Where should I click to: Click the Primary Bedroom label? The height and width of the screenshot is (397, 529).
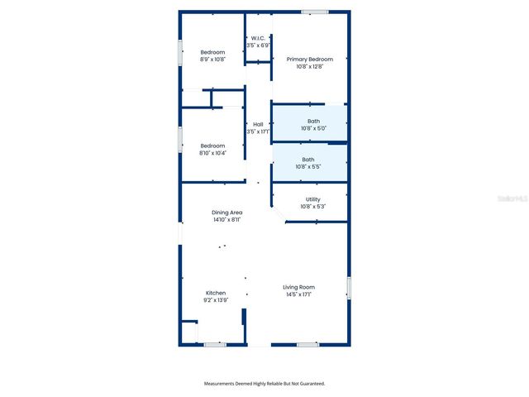pos(310,60)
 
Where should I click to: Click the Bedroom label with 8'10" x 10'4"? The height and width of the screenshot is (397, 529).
pos(212,146)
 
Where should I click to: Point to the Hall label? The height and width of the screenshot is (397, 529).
pos(258,124)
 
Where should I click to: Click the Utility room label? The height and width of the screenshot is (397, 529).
pos(312,198)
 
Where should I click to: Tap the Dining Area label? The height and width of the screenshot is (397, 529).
pos(226,213)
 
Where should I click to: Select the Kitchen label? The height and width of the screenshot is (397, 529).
pos(216,293)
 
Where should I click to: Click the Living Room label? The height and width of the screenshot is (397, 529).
pos(298,287)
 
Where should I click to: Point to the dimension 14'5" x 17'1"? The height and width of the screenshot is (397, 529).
pos(298,294)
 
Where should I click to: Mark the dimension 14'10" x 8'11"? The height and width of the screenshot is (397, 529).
pos(226,220)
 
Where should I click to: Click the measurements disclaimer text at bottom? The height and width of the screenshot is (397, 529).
pos(264,384)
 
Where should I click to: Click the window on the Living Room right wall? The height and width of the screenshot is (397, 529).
pos(349,289)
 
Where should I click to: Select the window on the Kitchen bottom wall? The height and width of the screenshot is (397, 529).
pos(215,344)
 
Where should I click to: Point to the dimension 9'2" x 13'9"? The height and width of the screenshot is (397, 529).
pos(216,300)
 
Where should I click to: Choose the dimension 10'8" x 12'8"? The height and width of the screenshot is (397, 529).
pos(310,67)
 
